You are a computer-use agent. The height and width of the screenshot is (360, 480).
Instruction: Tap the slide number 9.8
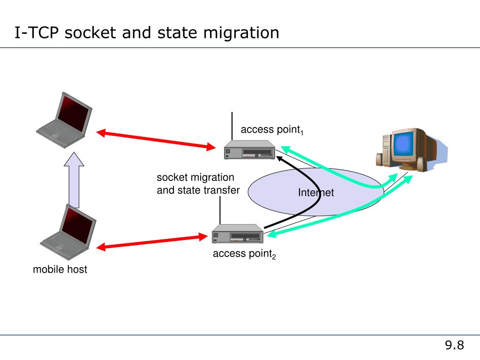(x=454, y=345)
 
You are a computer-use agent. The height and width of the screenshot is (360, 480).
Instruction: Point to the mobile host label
(x=60, y=270)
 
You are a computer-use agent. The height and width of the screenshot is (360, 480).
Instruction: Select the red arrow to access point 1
(x=156, y=140)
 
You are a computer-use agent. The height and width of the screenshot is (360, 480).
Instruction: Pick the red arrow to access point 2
(x=152, y=242)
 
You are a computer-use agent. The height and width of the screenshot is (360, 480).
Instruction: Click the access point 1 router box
(x=249, y=150)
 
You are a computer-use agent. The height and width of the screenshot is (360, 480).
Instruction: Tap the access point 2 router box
(x=238, y=233)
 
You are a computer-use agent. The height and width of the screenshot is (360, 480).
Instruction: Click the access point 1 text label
(x=272, y=130)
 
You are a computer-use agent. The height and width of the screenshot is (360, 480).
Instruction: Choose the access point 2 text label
(x=244, y=254)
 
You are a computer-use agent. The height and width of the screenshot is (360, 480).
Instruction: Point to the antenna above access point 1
(x=232, y=126)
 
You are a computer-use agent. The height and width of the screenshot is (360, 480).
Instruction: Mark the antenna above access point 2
(x=220, y=210)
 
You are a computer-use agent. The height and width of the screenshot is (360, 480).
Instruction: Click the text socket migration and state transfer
(x=198, y=184)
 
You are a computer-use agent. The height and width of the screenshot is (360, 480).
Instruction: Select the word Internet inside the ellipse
(x=316, y=193)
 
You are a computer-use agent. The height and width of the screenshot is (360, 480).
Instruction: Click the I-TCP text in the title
(x=37, y=33)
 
